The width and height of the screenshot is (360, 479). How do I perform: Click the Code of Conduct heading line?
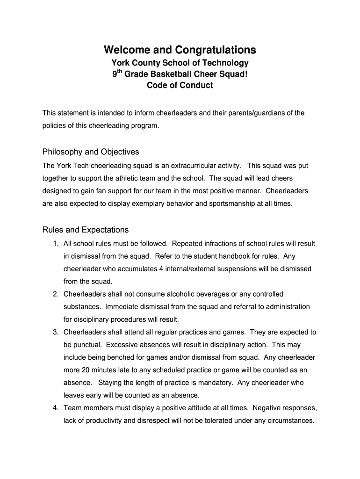180,85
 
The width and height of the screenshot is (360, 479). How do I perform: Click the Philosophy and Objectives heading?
91,152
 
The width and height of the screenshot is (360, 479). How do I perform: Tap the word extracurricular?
210,166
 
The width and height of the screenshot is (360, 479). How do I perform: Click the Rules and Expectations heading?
86,230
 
